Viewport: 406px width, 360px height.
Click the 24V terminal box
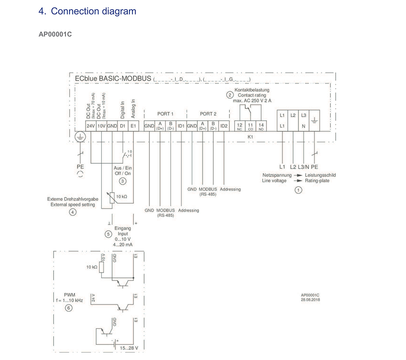tap(91, 126)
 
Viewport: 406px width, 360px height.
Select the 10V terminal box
tap(101, 126)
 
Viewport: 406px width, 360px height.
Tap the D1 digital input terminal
tap(123, 126)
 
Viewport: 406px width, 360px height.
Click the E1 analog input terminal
tap(133, 126)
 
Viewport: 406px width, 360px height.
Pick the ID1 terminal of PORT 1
tap(181, 126)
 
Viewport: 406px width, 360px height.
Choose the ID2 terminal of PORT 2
tap(224, 126)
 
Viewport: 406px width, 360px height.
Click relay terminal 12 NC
tap(240, 126)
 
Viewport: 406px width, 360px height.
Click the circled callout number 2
tap(230, 95)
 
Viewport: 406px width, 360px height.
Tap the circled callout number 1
tap(298, 189)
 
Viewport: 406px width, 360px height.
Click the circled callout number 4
tap(72, 212)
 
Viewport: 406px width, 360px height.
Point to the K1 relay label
tap(250, 137)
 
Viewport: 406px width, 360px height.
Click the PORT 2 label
tap(208, 114)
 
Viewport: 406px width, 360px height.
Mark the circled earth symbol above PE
tap(80, 138)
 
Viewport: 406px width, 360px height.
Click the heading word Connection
tap(74, 11)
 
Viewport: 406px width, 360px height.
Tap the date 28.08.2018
tap(310, 300)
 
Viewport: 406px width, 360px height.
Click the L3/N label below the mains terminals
tap(304, 167)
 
